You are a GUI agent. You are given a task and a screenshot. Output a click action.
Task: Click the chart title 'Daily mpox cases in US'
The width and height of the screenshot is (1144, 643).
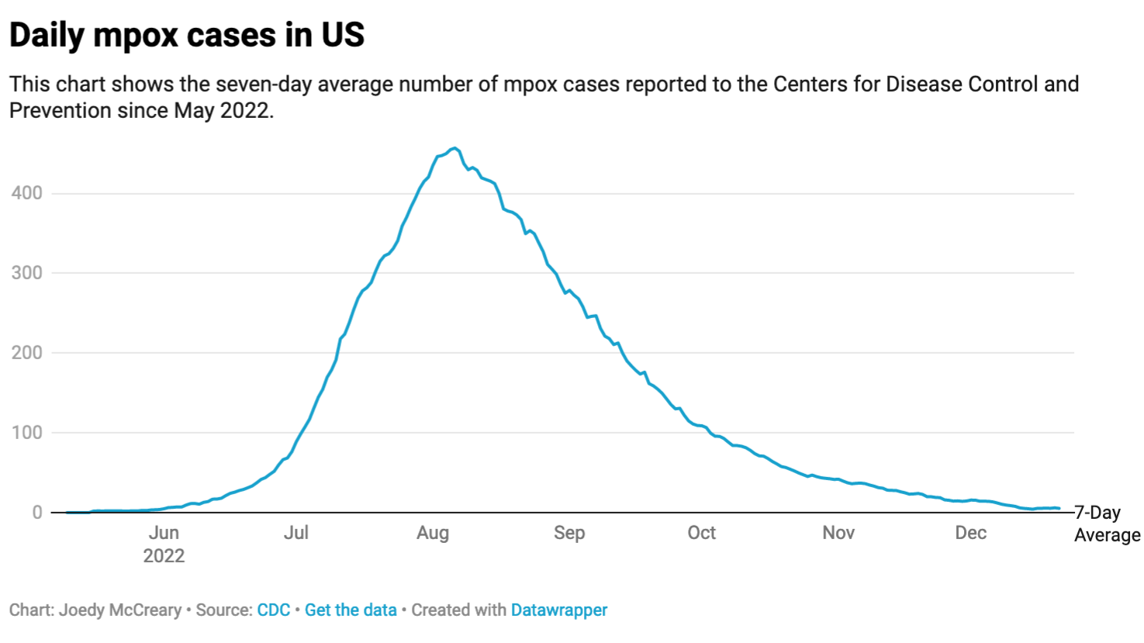coord(187,36)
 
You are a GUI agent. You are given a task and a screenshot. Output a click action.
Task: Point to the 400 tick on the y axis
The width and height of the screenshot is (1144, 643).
coord(27,193)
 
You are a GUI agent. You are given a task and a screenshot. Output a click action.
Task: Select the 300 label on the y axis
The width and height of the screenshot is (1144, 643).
coord(27,273)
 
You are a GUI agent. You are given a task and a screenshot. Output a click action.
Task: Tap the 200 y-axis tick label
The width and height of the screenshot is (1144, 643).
coord(27,353)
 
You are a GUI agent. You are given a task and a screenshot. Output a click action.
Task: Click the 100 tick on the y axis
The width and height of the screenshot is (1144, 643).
coord(27,433)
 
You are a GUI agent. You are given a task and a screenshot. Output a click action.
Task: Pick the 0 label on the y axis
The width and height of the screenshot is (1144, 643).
coord(37,513)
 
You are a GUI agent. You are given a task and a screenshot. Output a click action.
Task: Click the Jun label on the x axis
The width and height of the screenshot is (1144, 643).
coord(164,533)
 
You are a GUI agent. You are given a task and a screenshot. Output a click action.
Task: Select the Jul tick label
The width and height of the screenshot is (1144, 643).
coord(296,533)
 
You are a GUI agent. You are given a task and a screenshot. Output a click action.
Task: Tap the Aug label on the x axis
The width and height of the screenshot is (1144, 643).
coord(433,533)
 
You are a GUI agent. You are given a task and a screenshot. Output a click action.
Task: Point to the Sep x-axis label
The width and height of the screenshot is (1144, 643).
coord(569,533)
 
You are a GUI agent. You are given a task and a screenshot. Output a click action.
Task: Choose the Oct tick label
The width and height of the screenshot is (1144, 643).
coord(702,533)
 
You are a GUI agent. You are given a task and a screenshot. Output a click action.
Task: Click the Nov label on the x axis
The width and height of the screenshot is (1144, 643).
coord(838,533)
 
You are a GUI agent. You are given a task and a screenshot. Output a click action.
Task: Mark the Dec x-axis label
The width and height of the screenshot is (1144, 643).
coord(971,533)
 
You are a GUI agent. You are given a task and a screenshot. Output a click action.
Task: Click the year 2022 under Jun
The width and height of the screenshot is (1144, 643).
coord(164,556)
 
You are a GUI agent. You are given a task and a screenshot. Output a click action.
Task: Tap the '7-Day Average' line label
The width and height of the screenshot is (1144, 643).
coord(1107,524)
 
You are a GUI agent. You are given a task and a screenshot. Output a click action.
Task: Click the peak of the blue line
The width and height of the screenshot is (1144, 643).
coord(455,147)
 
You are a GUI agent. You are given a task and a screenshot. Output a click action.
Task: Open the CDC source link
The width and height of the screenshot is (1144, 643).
coord(274,610)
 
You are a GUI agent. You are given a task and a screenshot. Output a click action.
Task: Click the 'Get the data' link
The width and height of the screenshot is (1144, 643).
coord(351,610)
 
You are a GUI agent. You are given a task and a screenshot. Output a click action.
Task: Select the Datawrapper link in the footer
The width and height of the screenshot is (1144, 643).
coord(559,610)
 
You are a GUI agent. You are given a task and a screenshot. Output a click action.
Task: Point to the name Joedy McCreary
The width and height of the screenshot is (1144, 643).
coord(120,610)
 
